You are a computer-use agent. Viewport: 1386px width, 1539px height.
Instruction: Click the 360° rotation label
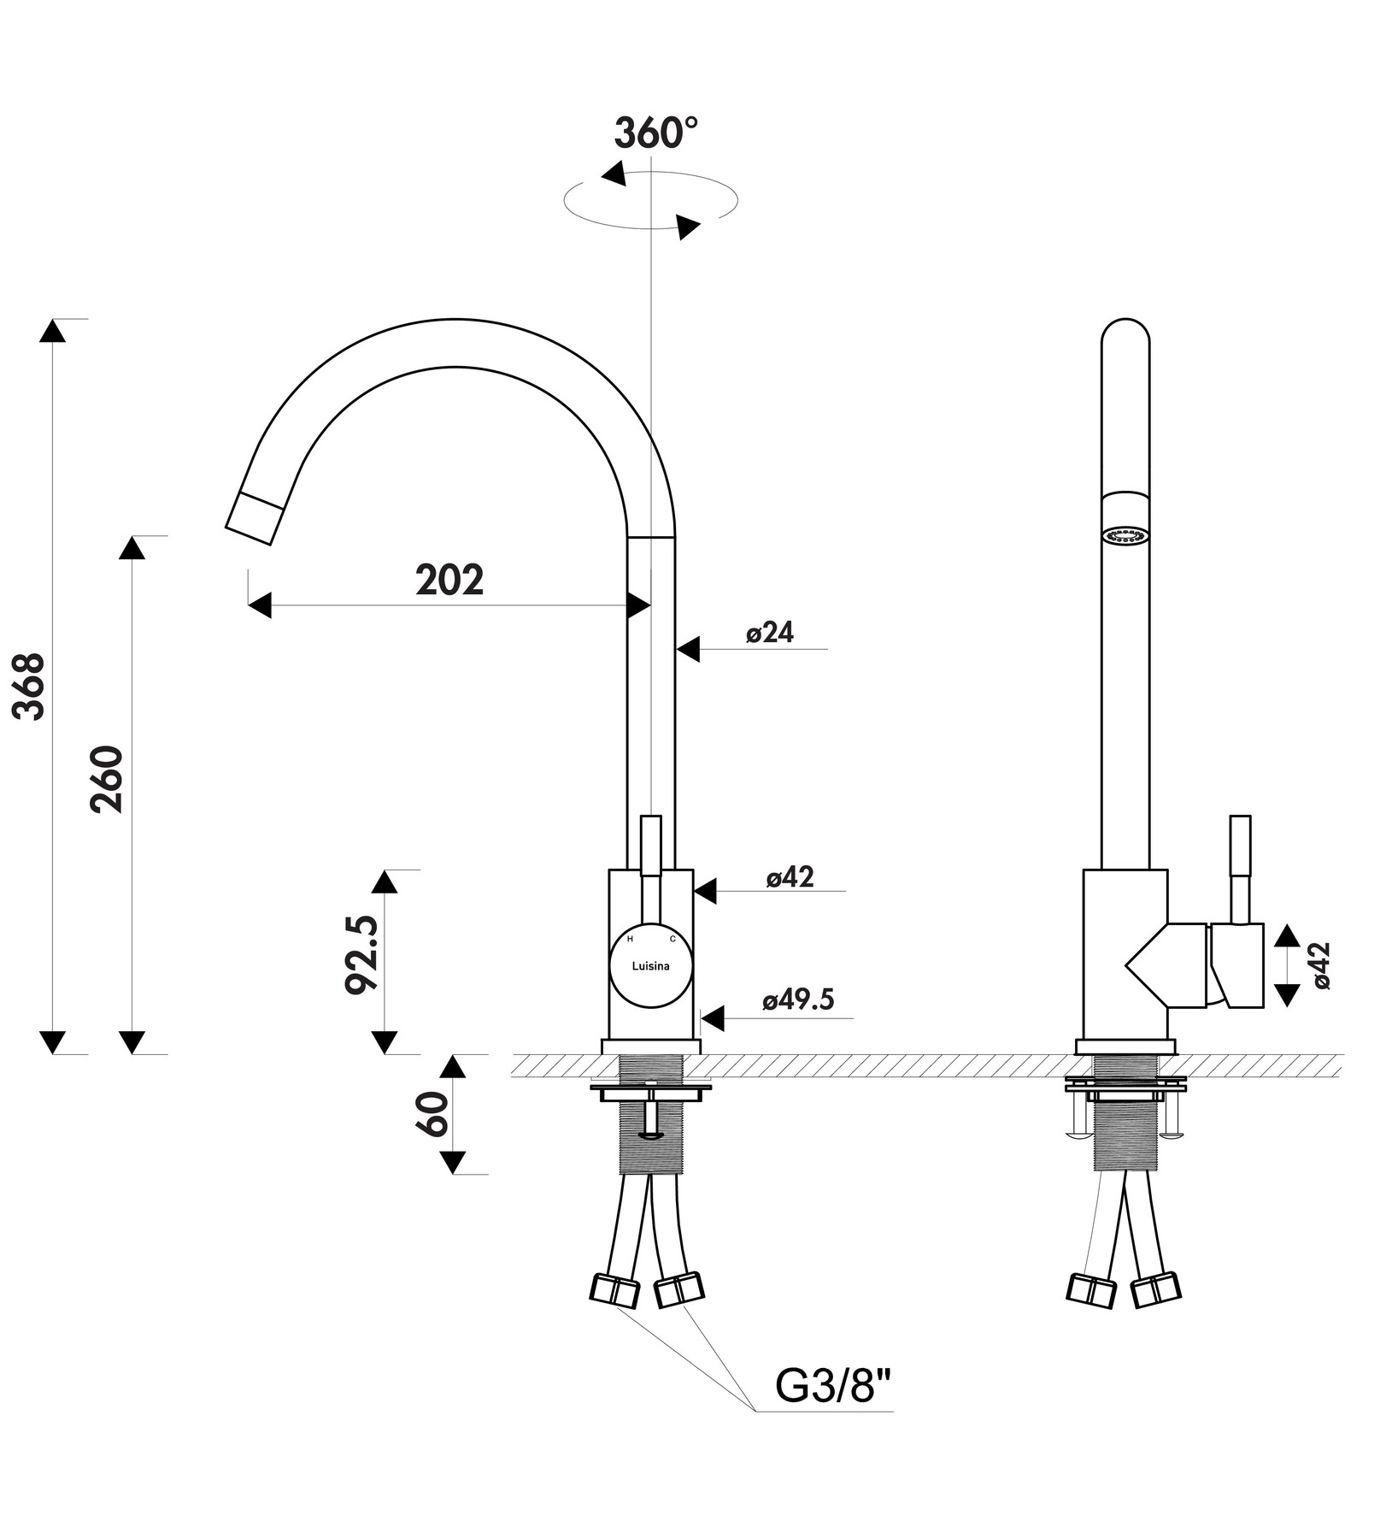pos(655,133)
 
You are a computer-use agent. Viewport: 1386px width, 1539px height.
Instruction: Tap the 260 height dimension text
pos(109,780)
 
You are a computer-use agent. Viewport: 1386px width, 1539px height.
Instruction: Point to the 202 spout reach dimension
pos(449,581)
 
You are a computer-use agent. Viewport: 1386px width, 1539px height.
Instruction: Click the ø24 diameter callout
pos(770,633)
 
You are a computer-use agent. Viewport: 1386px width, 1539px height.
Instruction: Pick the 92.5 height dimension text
pos(361,954)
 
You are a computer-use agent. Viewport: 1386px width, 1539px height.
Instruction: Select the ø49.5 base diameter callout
pos(798,999)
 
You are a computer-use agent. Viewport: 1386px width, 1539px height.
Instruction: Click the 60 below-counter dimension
pos(433,1113)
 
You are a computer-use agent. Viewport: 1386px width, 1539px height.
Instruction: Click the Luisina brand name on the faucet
pos(650,966)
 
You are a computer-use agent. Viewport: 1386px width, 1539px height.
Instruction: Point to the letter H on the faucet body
pos(631,939)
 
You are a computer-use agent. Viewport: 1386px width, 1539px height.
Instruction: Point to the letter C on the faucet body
pos(672,939)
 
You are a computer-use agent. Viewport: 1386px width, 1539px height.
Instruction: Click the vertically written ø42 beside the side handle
pos(1321,965)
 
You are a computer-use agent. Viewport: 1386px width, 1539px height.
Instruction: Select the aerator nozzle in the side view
pos(1125,536)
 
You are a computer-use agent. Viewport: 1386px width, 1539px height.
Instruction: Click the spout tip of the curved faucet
pos(254,519)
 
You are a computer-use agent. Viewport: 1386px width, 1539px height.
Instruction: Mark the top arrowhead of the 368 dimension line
pos(53,331)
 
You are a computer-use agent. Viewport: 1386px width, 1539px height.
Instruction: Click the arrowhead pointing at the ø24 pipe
pos(689,649)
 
